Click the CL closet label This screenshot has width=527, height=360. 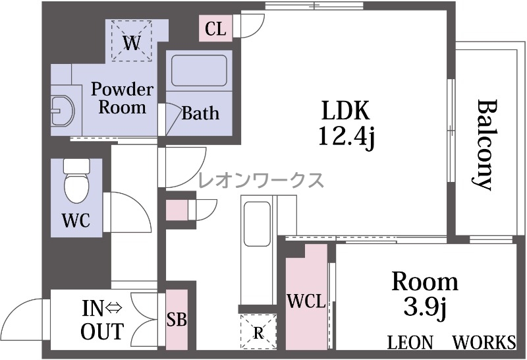coord(215,29)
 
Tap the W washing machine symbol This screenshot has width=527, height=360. coord(132,41)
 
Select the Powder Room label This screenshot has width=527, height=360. coord(123,98)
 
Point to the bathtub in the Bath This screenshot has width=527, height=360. coord(199,71)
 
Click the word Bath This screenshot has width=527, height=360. coord(200,113)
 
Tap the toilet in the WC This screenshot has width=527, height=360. coord(76,181)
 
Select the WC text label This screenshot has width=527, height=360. coord(76,221)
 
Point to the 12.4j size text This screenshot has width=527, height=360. coord(347,136)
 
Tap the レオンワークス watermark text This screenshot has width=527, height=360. coord(261,181)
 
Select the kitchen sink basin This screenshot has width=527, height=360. coord(257,224)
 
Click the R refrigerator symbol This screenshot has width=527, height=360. coord(258,332)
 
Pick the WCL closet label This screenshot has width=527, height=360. coord(306,301)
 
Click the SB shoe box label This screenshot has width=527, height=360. coord(177,319)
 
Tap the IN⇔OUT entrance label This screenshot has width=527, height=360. coord(103,320)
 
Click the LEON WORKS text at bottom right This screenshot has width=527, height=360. coord(451,342)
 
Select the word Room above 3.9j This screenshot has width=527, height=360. coord(425,282)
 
